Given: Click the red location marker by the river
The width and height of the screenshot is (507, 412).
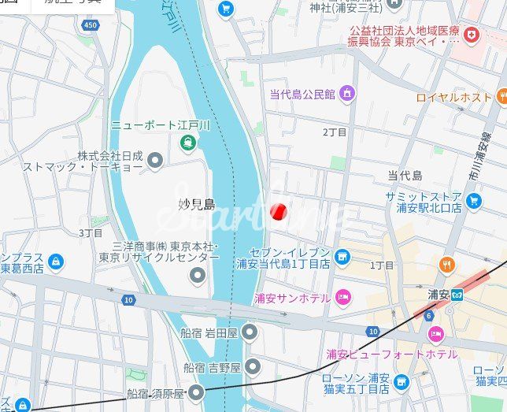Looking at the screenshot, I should tap(277, 212).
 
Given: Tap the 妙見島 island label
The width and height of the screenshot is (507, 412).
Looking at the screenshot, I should tap(196, 205).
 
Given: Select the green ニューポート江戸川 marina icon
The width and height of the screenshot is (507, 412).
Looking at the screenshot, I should tap(187, 143).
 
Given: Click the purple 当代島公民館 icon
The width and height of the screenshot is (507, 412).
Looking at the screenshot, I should tap(346, 95).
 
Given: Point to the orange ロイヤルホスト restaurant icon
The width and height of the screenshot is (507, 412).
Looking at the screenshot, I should tap(501, 98).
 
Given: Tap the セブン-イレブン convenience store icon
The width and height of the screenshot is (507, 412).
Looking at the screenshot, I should tap(342, 256).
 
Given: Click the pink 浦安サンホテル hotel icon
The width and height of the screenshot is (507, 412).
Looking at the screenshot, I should tap(342, 297).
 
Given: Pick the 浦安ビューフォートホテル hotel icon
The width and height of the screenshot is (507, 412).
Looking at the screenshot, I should tap(435, 335).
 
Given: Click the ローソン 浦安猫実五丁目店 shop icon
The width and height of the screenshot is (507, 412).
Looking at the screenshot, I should tap(402, 383).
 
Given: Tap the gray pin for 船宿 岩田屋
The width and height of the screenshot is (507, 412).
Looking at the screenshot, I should tap(250, 332).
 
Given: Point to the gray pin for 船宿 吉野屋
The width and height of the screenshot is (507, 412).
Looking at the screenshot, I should tap(252, 366).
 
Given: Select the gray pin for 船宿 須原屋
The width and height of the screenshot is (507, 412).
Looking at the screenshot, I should tap(195, 393).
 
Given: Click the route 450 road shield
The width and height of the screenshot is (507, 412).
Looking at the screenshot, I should tap(92, 25).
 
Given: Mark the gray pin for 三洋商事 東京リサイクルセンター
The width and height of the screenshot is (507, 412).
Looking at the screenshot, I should tap(197, 275).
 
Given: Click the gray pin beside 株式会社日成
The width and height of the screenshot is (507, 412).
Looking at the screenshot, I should tap(155, 161).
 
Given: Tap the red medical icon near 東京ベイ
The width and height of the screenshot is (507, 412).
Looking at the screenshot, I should tap(471, 35).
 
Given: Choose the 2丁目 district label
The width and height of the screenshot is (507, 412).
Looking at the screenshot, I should tap(335, 132).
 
